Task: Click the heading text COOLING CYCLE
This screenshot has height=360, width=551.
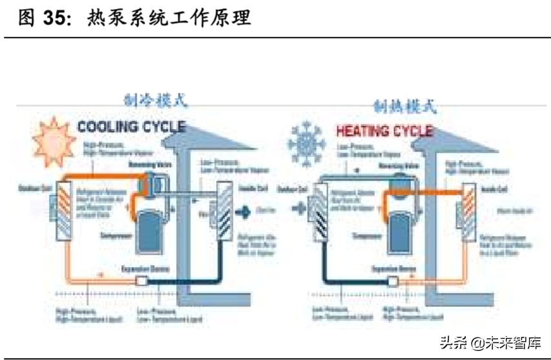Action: click(x=131, y=127)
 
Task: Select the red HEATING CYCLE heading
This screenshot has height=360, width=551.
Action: click(x=384, y=131)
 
